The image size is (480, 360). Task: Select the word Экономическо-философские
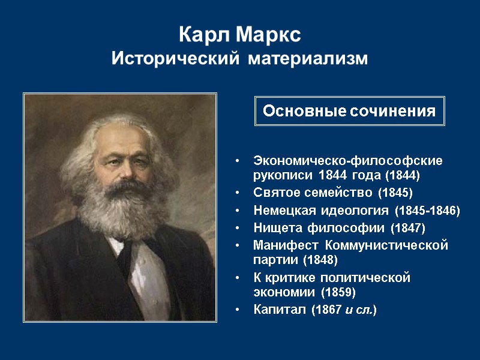click(x=348, y=161)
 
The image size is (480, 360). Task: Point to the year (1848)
click(x=320, y=260)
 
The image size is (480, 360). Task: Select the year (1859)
click(x=338, y=293)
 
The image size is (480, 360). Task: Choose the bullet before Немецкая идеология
click(x=239, y=211)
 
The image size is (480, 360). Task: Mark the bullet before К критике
click(x=239, y=278)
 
